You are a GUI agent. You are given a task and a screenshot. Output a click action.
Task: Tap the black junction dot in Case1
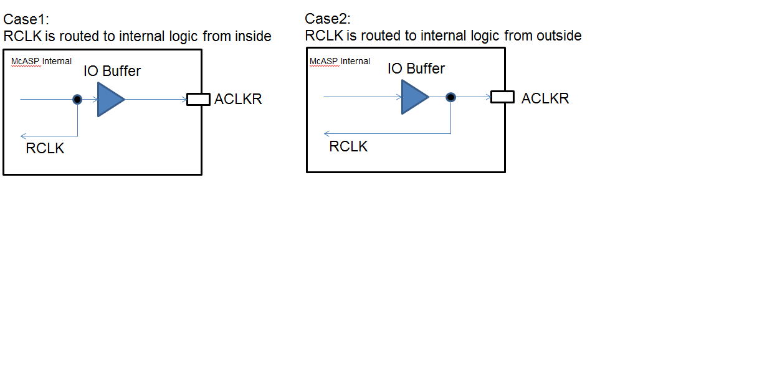click(77, 100)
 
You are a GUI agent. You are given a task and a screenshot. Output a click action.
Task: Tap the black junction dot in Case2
click(451, 97)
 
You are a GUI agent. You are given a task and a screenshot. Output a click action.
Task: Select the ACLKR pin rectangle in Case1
click(198, 100)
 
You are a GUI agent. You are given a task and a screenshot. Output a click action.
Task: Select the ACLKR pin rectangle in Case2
click(503, 97)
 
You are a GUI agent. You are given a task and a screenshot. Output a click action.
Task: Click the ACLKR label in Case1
click(238, 99)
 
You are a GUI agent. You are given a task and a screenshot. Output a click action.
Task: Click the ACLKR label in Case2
click(545, 98)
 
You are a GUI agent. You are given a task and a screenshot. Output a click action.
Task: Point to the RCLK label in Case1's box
click(45, 148)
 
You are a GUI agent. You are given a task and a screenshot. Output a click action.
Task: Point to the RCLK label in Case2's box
click(348, 146)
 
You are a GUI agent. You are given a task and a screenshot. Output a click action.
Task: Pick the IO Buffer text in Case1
click(112, 71)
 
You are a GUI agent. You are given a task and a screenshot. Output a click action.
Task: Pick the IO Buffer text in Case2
click(416, 69)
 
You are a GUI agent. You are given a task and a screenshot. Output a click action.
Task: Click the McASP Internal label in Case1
click(41, 61)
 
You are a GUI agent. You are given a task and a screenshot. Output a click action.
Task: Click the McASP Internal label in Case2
click(340, 61)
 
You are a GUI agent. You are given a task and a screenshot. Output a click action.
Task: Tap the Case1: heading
click(26, 19)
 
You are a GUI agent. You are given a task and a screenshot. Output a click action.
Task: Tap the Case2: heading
click(328, 19)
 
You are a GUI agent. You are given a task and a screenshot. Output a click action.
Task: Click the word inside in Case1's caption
click(253, 36)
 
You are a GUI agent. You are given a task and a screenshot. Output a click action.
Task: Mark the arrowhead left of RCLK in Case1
click(23, 136)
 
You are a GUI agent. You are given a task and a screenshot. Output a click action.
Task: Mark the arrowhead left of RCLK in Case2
click(327, 133)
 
